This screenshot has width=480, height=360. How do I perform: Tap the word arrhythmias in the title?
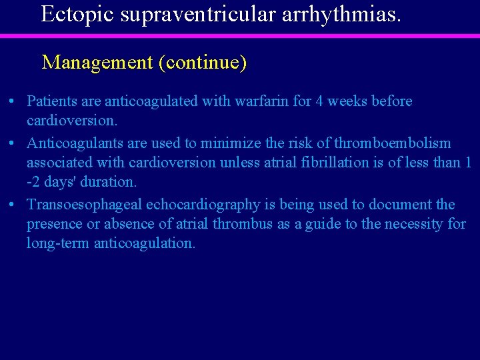point(341,13)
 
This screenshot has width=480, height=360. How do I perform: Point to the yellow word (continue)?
point(203,63)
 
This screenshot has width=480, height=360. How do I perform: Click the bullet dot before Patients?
point(13,102)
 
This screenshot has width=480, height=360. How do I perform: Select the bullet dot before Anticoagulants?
point(13,144)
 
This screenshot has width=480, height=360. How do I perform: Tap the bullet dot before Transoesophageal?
point(13,205)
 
